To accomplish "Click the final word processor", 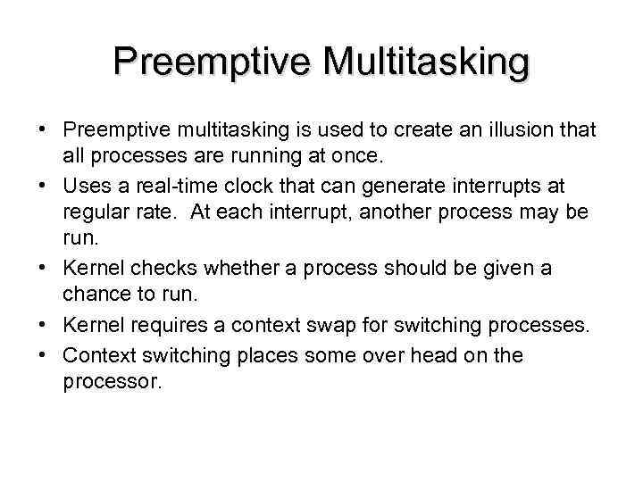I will pos(113,381).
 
